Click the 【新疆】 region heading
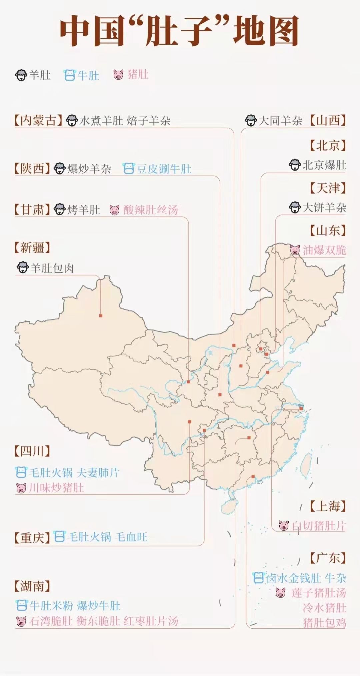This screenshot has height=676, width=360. (32, 248)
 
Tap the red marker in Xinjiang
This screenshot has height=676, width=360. (101, 316)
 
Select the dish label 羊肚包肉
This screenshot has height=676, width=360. (52, 268)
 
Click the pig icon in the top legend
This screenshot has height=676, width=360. (118, 75)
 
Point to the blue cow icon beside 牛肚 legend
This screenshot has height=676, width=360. (69, 75)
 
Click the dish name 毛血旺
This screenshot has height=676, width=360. (131, 537)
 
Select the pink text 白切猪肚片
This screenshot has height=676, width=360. (319, 526)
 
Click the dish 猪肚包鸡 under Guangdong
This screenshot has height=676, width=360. (324, 623)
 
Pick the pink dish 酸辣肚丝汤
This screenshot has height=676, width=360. (151, 210)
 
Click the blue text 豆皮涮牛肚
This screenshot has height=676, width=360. (164, 169)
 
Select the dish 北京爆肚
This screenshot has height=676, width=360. (324, 165)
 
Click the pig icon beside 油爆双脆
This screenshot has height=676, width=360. (295, 250)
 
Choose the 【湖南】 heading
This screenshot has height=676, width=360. (32, 586)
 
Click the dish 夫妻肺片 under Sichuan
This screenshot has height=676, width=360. (98, 472)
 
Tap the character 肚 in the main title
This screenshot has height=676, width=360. (162, 32)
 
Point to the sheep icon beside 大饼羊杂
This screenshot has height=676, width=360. (295, 208)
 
